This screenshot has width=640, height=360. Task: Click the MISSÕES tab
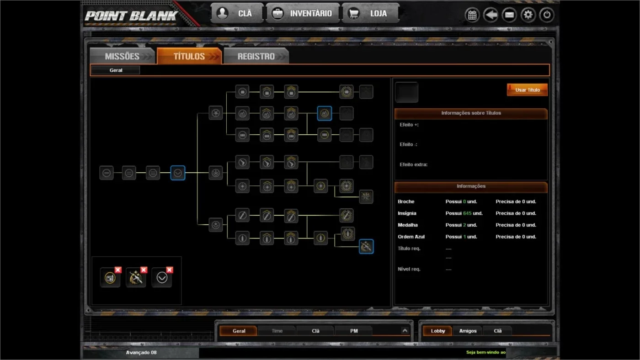pos(123,56)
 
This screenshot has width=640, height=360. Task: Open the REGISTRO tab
pos(256,56)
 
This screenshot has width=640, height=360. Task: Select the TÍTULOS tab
pos(189,56)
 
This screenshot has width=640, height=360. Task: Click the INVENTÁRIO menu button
pos(303,13)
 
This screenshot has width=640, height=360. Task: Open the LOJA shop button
pos(370,13)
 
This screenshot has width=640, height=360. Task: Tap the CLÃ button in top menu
pos(237,13)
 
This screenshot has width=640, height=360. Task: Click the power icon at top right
pos(547,15)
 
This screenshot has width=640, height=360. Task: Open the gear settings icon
pos(528,15)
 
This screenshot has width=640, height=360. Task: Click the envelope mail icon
pos(509,15)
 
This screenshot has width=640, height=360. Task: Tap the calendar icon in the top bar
pos(472,15)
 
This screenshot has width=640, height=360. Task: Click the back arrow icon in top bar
pos(491,15)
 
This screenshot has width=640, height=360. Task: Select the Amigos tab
pos(468,331)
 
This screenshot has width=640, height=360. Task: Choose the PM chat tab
pos(354,331)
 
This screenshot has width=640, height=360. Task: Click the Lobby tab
pos(438,331)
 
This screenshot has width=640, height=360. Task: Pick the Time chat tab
pos(277,331)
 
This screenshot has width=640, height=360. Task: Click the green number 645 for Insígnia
pos(467,213)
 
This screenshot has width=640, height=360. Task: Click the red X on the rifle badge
pos(144,270)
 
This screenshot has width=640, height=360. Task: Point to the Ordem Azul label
pos(411,237)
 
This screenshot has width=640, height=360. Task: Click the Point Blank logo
pos(131,16)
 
